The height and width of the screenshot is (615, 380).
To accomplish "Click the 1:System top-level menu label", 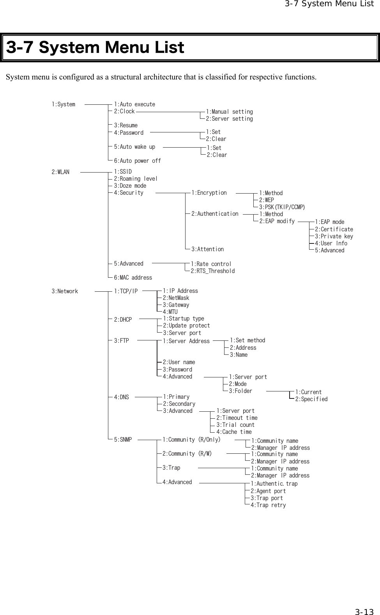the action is [x=64, y=104].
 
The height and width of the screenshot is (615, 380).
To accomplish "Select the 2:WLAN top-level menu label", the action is [x=60, y=172].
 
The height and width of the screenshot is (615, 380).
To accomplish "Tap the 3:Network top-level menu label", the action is [x=65, y=291].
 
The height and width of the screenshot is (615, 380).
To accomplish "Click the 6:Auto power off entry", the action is [x=137, y=160].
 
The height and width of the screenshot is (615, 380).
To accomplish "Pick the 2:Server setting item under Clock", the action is [x=229, y=119].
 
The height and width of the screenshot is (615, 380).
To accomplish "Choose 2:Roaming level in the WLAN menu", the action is [x=136, y=179].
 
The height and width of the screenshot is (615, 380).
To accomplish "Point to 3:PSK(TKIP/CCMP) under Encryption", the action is [x=282, y=207].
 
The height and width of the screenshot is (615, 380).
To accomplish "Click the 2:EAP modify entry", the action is [x=277, y=221].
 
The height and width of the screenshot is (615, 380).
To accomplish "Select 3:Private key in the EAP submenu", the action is [x=334, y=236].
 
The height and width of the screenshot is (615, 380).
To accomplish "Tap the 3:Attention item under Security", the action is [x=207, y=249].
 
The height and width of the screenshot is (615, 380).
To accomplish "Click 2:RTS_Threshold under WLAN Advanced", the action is [x=212, y=271].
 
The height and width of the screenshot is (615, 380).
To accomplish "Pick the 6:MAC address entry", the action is [x=133, y=278].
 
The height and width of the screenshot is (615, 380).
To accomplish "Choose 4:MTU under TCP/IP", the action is [x=170, y=312].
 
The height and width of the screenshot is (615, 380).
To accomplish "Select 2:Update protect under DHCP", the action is [x=186, y=326].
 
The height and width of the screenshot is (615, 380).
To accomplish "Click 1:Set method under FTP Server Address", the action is [x=247, y=340].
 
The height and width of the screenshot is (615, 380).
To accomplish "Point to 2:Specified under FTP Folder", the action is [x=311, y=399].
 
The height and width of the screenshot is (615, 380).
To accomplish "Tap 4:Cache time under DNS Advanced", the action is [x=234, y=432].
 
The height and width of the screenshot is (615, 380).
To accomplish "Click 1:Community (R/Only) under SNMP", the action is [x=191, y=440].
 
